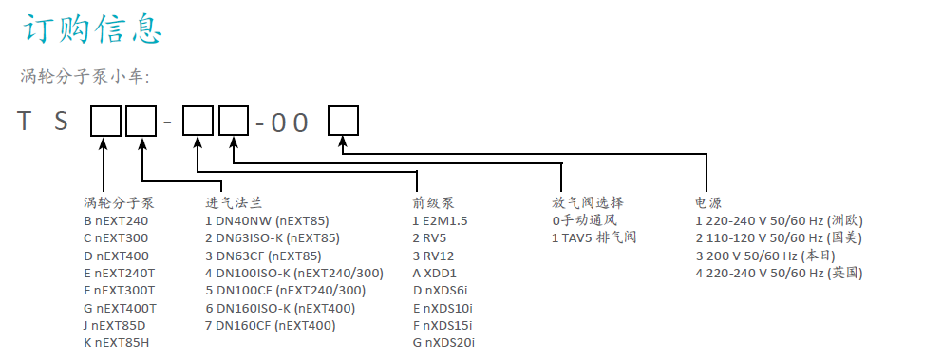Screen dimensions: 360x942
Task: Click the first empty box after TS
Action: [105, 121]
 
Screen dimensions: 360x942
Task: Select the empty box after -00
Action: [343, 121]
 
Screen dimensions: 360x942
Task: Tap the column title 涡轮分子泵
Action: [118, 202]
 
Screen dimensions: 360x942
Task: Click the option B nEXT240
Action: [116, 220]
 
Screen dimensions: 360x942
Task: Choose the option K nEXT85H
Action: [117, 342]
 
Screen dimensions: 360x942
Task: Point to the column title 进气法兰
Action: [233, 202]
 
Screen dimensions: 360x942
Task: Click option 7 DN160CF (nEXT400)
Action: [271, 325]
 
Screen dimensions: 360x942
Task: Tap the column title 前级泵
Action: [433, 202]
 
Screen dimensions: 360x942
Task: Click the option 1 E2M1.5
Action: [441, 220]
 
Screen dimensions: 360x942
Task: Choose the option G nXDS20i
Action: [443, 342]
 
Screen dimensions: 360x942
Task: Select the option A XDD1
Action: [435, 273]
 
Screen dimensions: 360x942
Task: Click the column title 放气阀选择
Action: [587, 202]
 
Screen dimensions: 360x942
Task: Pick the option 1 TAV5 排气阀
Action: [593, 237]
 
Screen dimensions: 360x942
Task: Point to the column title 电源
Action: [708, 202]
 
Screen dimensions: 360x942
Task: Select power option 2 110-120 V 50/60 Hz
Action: [779, 237]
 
